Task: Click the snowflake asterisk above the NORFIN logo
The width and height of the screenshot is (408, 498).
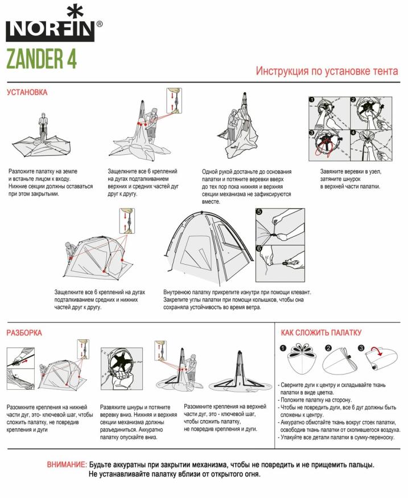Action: (72, 11)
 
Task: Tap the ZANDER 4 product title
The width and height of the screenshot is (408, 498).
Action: (42, 59)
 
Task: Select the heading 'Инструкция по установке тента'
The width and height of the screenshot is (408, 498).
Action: (327, 71)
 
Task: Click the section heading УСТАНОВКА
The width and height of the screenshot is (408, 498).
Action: (27, 92)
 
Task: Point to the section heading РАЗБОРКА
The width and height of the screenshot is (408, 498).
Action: (24, 332)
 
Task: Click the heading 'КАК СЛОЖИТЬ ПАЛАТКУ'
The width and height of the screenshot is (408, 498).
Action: (321, 332)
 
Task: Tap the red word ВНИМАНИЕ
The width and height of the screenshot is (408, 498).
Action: (66, 464)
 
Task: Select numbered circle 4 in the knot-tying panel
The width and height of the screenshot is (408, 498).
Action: (353, 133)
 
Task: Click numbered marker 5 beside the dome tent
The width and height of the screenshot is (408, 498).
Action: (259, 212)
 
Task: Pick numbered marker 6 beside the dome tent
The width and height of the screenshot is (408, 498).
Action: (259, 248)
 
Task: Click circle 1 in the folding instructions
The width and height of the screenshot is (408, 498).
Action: (283, 348)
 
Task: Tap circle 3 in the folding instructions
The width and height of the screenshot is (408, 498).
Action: (361, 348)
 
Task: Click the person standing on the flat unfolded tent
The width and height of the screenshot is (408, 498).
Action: (43, 127)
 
